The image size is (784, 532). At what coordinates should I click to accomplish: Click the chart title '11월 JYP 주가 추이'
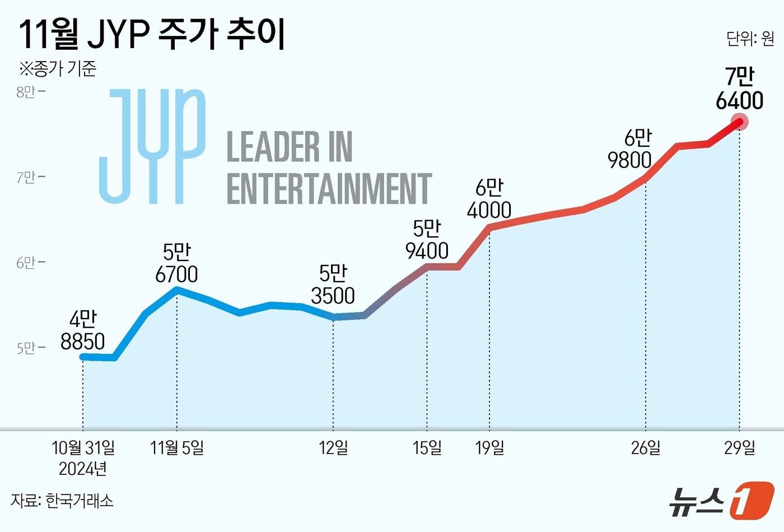coord(152,34)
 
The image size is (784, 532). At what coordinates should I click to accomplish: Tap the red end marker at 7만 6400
coord(740,122)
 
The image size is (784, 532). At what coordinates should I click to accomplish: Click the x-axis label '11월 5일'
coord(177,448)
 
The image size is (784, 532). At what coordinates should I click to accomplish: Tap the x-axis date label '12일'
coord(333,448)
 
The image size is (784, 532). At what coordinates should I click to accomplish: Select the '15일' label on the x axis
coord(427,448)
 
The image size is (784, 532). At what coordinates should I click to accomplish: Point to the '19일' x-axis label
coord(489,448)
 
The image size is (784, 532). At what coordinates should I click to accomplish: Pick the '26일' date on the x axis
coord(646,448)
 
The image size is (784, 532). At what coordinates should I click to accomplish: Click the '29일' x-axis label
coord(739,448)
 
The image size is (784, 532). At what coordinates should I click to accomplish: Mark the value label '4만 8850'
coord(83,330)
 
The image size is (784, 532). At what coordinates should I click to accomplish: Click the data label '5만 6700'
coord(177,263)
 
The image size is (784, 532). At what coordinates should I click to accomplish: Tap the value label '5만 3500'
coord(333,284)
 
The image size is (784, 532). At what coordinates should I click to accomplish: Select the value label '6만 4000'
coord(489,199)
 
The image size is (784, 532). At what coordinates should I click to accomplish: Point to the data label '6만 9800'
coord(631,149)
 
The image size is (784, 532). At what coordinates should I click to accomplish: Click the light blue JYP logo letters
coord(152,147)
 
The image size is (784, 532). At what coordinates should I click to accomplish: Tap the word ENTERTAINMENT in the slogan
coord(329,189)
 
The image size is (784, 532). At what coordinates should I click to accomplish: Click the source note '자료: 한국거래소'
coord(62,500)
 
